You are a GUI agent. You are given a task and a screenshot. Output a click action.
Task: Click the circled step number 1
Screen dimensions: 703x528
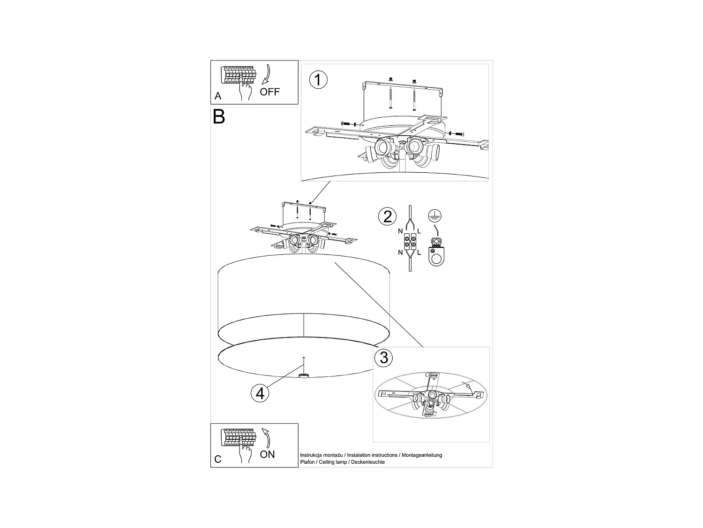coord(319,80)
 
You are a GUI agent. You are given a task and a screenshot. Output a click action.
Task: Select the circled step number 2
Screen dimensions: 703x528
coord(387,216)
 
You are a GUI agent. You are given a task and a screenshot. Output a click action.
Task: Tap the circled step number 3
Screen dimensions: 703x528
coord(384,358)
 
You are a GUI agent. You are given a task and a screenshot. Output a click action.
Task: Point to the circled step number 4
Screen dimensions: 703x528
coord(260,393)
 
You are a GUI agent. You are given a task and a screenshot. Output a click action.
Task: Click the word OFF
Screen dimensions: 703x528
coord(269,92)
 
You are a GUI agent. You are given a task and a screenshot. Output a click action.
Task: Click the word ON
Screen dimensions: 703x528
coord(267,454)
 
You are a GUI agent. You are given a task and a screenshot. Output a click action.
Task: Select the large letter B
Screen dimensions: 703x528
coord(219,116)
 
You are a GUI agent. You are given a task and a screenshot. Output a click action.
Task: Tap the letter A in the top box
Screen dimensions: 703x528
coord(218,96)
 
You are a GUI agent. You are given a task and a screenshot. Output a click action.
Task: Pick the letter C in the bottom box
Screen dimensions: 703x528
coord(218,459)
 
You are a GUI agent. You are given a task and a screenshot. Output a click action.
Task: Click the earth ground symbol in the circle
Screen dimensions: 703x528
coord(434,216)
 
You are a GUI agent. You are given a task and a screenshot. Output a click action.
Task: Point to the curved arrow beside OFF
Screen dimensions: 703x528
coord(267,74)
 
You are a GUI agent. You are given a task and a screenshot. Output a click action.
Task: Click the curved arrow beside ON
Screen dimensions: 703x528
coord(266,437)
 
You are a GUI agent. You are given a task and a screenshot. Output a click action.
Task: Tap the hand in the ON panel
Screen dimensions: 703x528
coord(245,454)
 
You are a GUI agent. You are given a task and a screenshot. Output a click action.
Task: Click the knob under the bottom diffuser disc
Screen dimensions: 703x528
coord(304,375)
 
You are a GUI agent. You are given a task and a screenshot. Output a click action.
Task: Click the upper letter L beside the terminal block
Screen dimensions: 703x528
coord(419,231)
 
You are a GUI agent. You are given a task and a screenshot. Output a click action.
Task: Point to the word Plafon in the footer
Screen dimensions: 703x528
coord(307,462)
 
